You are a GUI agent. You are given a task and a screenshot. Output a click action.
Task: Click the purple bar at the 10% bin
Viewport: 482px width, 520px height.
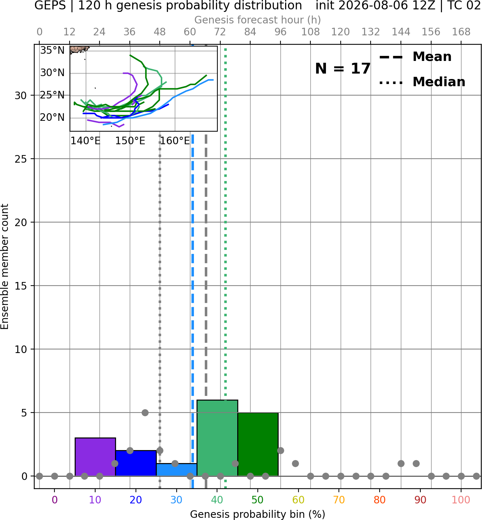pos(95,457)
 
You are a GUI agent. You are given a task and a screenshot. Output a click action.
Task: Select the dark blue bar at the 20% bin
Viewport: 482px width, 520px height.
pos(136,463)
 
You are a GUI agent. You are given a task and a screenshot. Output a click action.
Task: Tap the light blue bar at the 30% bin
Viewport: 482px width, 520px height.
pos(177,470)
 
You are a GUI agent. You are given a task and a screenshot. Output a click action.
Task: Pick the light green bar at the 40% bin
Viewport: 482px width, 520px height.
pos(217,438)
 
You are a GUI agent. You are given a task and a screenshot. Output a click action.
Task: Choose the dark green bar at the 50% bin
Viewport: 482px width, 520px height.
pos(258,444)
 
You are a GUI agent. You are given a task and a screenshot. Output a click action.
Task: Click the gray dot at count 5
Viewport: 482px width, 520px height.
pos(145,413)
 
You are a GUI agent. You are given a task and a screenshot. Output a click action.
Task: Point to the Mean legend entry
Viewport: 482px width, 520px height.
pos(416,57)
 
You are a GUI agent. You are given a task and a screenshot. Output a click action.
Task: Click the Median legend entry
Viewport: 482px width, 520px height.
pos(422,82)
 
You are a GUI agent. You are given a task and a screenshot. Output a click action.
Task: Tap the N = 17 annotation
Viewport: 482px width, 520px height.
pos(343,69)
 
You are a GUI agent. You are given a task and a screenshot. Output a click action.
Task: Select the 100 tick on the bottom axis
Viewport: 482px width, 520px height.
pos(461,500)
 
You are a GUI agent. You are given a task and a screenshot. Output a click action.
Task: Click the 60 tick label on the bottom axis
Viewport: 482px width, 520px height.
pos(299,500)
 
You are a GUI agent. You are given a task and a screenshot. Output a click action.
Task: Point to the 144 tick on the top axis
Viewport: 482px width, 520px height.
pos(401,32)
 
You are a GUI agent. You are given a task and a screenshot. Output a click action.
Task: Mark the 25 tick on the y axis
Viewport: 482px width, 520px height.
pos(21,159)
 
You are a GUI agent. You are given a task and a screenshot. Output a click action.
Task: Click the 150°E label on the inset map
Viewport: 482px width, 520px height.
pos(130,141)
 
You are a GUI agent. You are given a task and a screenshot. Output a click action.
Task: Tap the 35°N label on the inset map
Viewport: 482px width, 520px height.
pos(52,50)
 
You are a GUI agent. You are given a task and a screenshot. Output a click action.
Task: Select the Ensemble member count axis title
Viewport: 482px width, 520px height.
pos(4,266)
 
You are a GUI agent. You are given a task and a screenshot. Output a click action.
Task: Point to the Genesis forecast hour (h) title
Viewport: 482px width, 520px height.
pos(258,20)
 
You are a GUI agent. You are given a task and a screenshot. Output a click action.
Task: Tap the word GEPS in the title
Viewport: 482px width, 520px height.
pos(50,5)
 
